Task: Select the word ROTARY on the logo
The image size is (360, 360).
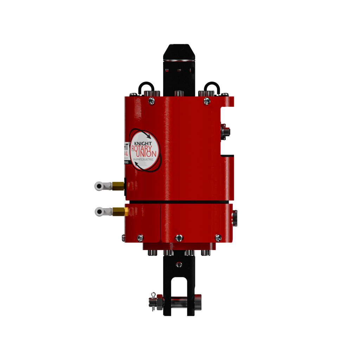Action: (142, 149)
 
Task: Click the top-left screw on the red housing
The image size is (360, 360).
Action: (151, 101)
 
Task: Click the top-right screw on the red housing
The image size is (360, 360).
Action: (207, 101)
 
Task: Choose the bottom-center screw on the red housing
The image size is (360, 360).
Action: (179, 238)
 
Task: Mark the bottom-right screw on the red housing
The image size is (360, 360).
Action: (218, 238)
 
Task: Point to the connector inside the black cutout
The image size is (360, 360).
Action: (224, 131)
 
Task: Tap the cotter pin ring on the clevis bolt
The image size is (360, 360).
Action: (153, 294)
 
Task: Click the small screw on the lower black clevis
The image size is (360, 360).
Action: (179, 264)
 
